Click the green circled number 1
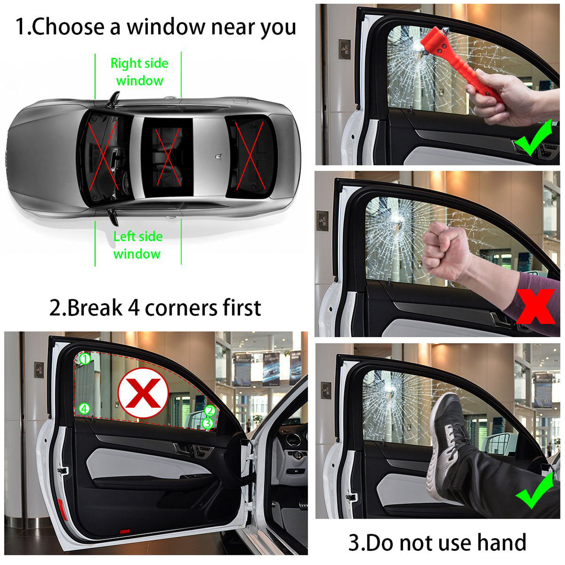tap(85, 359)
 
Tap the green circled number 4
tap(84, 408)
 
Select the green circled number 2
tap(210, 411)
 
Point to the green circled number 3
tap(208, 423)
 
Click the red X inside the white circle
tap(143, 393)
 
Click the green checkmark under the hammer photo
tap(533, 138)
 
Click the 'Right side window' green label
tap(139, 72)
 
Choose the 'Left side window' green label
tap(138, 245)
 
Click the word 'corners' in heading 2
tap(181, 309)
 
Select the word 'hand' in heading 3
tap(502, 535)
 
